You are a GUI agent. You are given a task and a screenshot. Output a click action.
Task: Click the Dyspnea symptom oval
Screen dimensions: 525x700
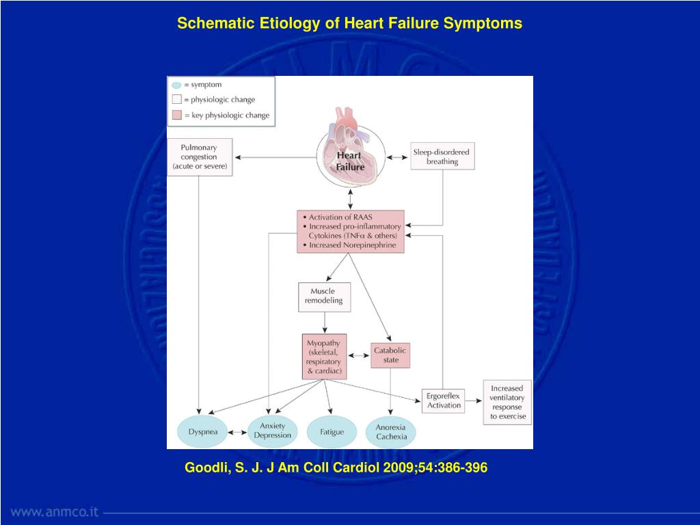click(202, 432)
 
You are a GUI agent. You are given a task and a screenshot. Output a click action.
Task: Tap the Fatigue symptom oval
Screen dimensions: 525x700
click(332, 432)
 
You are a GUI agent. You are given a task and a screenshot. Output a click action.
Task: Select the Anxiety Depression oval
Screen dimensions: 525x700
click(273, 431)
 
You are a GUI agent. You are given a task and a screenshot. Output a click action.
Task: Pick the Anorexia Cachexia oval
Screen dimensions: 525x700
click(391, 432)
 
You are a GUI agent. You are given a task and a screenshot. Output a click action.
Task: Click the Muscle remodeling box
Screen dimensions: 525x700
click(325, 296)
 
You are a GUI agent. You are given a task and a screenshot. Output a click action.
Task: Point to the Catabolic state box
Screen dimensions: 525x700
click(390, 355)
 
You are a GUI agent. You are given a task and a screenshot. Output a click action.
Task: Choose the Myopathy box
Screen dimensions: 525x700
click(324, 356)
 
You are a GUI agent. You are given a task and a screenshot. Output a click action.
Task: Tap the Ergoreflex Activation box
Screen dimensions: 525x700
click(444, 400)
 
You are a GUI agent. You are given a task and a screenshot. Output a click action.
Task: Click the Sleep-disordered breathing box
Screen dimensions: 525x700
click(442, 157)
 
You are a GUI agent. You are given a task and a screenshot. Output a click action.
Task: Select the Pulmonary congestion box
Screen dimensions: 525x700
click(199, 157)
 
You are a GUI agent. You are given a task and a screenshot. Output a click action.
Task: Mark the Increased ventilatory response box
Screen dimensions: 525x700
click(507, 402)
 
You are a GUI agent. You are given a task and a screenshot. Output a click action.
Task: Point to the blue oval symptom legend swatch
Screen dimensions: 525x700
click(176, 85)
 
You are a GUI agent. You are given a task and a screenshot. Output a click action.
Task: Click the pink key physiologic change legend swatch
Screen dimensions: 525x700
click(176, 115)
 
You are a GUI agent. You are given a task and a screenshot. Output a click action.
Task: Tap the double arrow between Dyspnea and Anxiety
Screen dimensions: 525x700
click(238, 433)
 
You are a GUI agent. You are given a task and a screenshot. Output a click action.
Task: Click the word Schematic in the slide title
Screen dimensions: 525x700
click(215, 23)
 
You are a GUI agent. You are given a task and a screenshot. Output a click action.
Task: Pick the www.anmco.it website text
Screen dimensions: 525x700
click(55, 511)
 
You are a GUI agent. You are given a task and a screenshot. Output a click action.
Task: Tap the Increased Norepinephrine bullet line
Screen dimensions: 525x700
click(352, 245)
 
